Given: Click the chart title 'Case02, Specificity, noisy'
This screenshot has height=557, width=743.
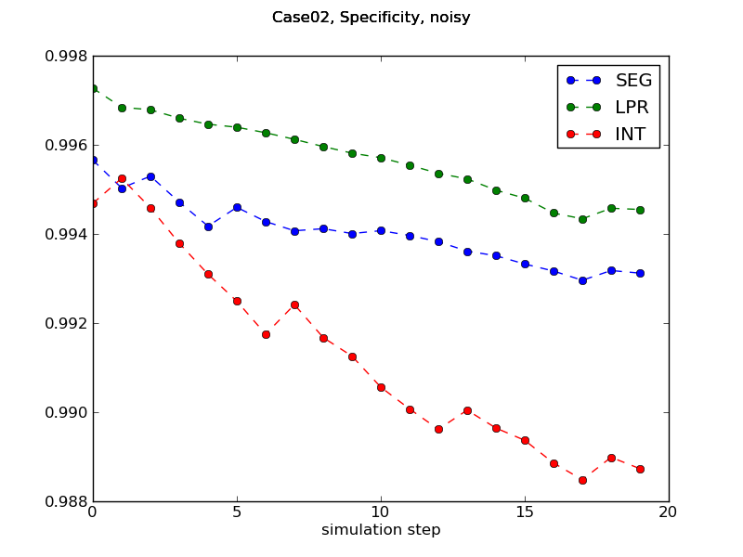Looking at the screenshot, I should coord(371,18).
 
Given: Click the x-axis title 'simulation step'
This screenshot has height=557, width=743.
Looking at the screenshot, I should coord(381,530).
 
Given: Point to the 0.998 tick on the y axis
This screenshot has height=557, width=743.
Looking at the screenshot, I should coord(67,57).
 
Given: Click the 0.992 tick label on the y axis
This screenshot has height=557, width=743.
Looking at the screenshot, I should coord(67,324).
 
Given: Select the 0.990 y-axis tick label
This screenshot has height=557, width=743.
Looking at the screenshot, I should coord(67,413).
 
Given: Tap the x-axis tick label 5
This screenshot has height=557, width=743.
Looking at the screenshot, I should coord(237,512).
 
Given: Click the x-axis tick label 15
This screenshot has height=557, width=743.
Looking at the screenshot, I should coord(525,512).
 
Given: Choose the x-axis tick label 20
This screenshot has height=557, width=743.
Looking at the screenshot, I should coord(669,512).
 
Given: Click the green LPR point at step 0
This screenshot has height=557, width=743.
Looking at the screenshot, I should coord(93,88).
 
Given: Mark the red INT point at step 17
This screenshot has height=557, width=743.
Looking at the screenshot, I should coord(582,480).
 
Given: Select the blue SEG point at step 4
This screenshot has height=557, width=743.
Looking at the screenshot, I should coord(208,227).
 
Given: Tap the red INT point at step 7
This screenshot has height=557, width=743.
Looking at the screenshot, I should coord(294,304).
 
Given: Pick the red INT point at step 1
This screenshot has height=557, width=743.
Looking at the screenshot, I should coord(122,178).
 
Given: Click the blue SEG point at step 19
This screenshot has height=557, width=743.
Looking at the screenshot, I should coord(640,273).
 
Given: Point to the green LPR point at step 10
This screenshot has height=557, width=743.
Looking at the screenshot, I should coord(381,158).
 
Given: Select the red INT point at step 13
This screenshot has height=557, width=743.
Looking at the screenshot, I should coord(467,410).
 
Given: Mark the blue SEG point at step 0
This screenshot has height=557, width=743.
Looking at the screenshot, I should coord(93,160).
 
